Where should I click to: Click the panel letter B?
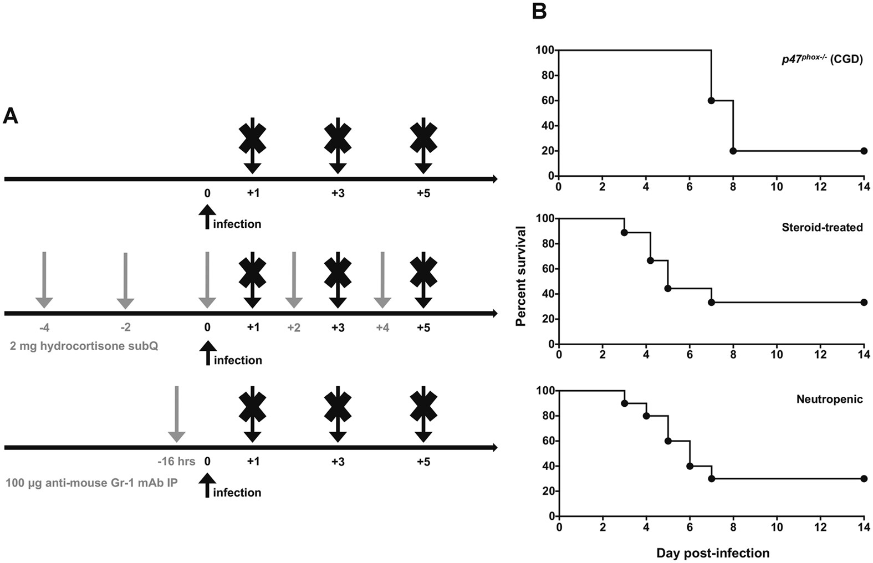[539, 11]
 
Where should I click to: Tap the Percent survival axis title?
[521, 275]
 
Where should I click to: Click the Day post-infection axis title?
[713, 552]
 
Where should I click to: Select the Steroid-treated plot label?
[822, 227]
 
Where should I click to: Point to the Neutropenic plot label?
[829, 399]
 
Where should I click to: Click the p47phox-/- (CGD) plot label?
[822, 59]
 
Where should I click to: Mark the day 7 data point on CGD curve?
[711, 100]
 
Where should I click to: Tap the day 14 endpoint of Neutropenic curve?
[864, 478]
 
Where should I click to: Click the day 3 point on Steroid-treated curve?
[624, 232]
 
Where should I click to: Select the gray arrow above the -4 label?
[44, 280]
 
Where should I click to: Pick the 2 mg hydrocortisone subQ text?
[84, 346]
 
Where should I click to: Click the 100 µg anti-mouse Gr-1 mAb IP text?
[92, 483]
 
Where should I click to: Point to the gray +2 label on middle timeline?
[294, 327]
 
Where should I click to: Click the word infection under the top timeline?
[237, 224]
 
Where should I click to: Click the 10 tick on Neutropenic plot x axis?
[777, 527]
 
